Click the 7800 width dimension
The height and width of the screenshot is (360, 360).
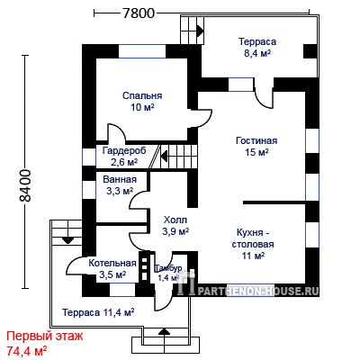pos(139,13)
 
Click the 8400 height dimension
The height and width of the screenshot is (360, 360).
pos(24,185)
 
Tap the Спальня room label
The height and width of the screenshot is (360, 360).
pos(142,95)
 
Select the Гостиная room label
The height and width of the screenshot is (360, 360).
pos(256,140)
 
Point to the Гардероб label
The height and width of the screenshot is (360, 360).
pos(124,150)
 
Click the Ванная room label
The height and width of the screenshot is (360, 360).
pos(120,179)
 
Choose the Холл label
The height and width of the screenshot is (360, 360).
pos(175,220)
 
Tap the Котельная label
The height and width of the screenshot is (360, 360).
pos(112,263)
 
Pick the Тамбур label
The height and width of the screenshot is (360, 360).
pos(168,268)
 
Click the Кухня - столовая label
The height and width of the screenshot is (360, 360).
pos(253,238)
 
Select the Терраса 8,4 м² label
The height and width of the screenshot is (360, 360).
pos(257,47)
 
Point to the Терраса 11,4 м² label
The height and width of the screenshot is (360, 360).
pos(98,312)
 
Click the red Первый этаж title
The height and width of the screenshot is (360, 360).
pos(44,337)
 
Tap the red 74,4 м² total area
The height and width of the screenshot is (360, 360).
pos(26,350)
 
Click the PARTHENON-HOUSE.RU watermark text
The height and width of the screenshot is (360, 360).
pos(257,291)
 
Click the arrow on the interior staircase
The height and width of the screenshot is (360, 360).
pos(164,157)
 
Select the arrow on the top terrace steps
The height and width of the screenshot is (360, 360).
pos(201,31)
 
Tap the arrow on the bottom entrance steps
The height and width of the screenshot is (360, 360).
pos(164,331)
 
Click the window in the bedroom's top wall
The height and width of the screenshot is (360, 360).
pos(142,51)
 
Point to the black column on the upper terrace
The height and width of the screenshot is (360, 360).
pos(310,51)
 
